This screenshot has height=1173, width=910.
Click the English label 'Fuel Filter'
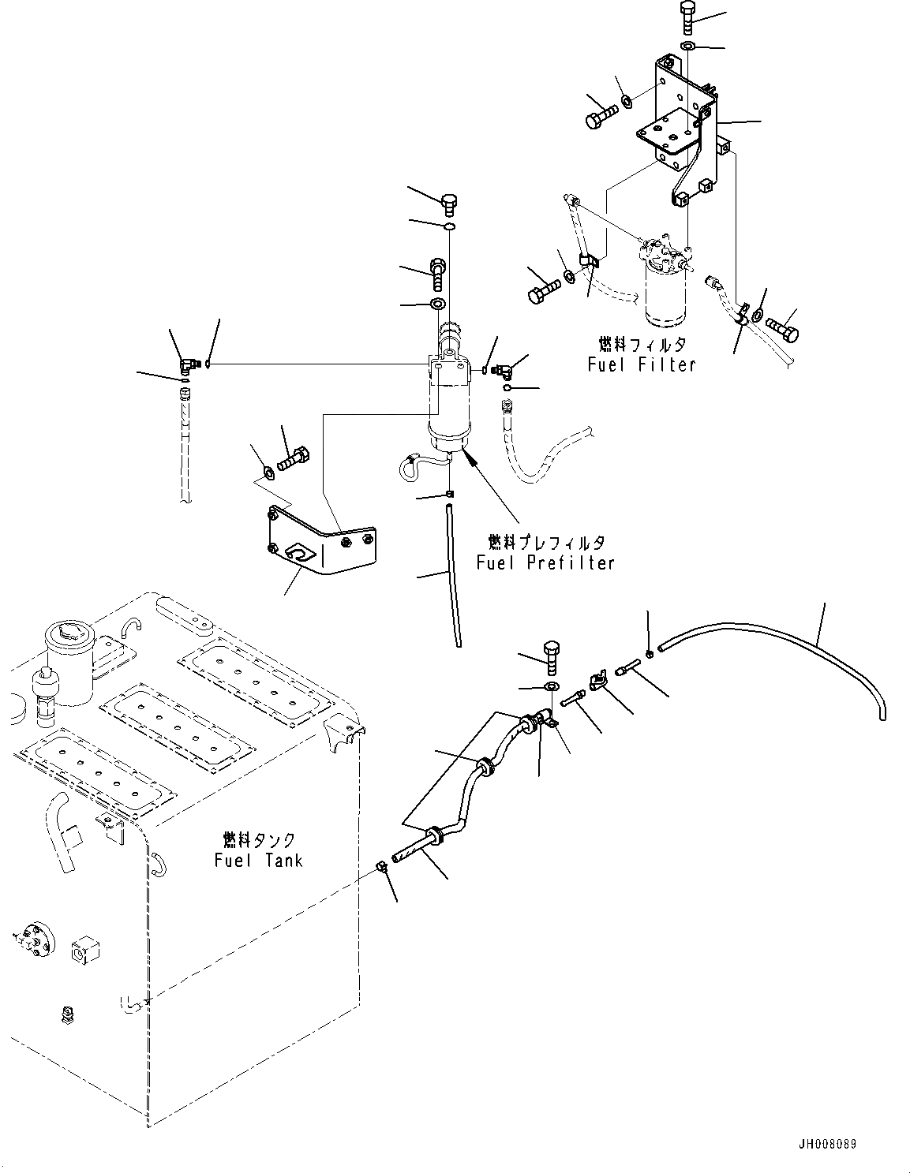pyautogui.click(x=641, y=364)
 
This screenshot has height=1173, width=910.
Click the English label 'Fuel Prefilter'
pyautogui.click(x=545, y=562)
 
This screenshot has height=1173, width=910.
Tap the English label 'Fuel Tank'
pyautogui.click(x=258, y=860)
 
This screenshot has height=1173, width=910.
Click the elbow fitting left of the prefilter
pyautogui.click(x=188, y=364)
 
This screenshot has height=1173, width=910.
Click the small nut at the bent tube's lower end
pyautogui.click(x=380, y=868)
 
